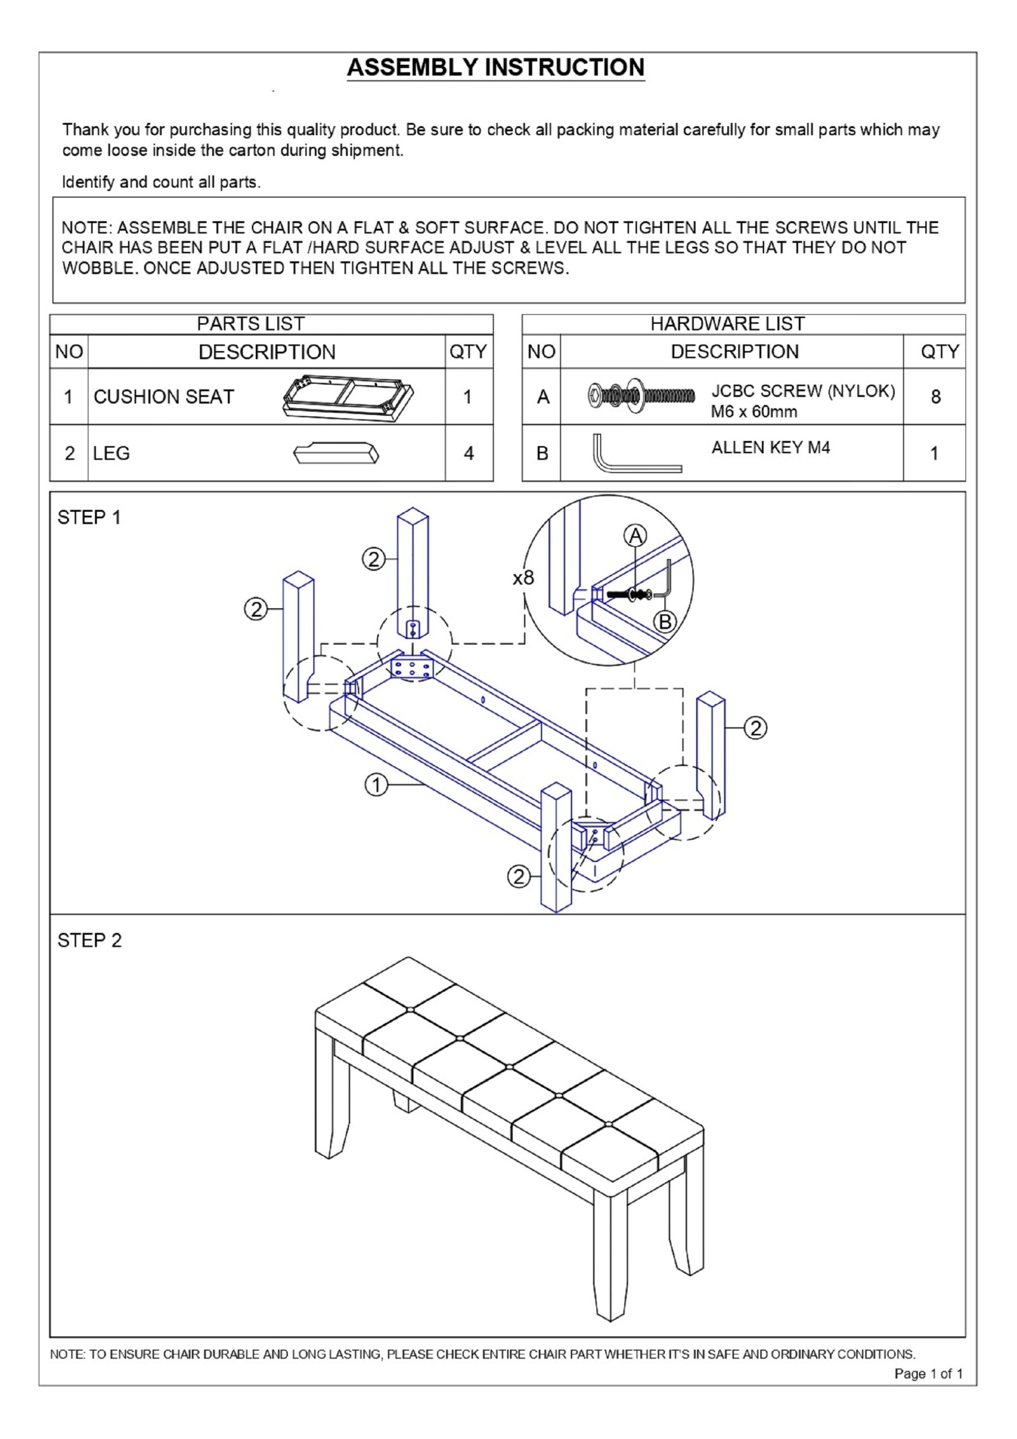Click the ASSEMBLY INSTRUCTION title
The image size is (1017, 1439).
[x=495, y=68]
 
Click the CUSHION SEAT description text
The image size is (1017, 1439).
[x=164, y=397]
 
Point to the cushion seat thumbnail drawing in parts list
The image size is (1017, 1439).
[x=348, y=397]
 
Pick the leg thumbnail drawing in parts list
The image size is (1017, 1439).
[x=336, y=453]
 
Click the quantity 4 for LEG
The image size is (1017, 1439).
[x=469, y=453]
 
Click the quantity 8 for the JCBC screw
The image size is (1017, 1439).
[x=935, y=397]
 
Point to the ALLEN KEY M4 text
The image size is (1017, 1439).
[x=770, y=448]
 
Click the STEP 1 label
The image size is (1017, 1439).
[x=89, y=518]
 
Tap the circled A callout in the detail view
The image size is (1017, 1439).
[x=636, y=536]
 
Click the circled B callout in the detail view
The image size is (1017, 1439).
[x=665, y=622]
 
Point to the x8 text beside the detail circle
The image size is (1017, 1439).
[x=523, y=577]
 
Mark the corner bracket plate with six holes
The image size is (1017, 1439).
[x=412, y=668]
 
